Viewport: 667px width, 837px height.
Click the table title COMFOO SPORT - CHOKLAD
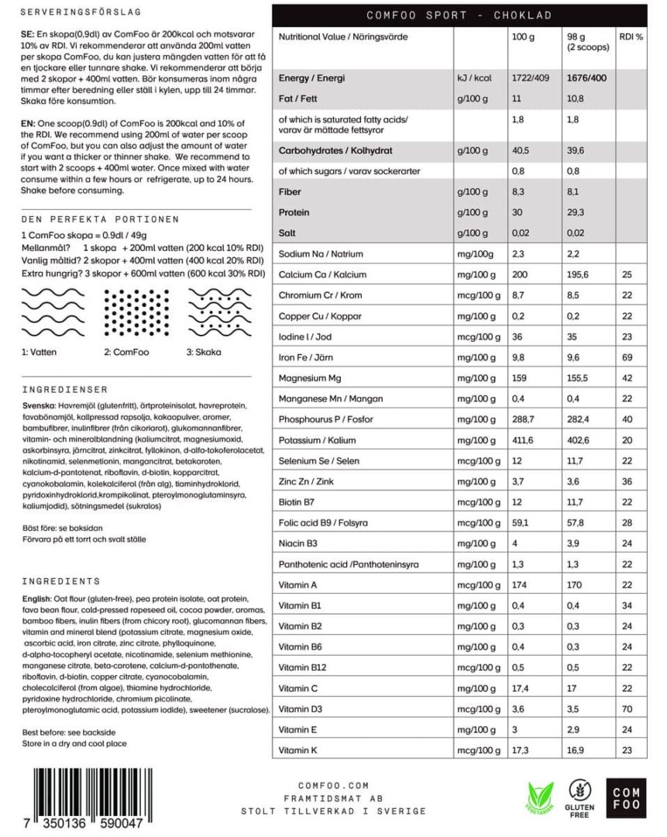pyautogui.click(x=459, y=15)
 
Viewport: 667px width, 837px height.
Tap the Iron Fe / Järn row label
pyautogui.click(x=307, y=358)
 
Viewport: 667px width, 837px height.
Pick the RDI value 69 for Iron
pyautogui.click(x=627, y=358)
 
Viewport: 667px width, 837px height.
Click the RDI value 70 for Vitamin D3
pyautogui.click(x=627, y=709)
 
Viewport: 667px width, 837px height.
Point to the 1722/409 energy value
pyautogui.click(x=531, y=78)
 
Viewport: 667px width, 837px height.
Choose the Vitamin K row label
pyautogui.click(x=298, y=751)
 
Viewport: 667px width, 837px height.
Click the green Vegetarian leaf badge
pyautogui.click(x=542, y=799)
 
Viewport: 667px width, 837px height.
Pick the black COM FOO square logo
pyautogui.click(x=626, y=797)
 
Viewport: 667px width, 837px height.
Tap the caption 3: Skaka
pyautogui.click(x=203, y=352)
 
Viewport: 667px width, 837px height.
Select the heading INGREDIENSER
pyautogui.click(x=65, y=390)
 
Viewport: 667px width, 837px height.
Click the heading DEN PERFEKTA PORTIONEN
pyautogui.click(x=101, y=219)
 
